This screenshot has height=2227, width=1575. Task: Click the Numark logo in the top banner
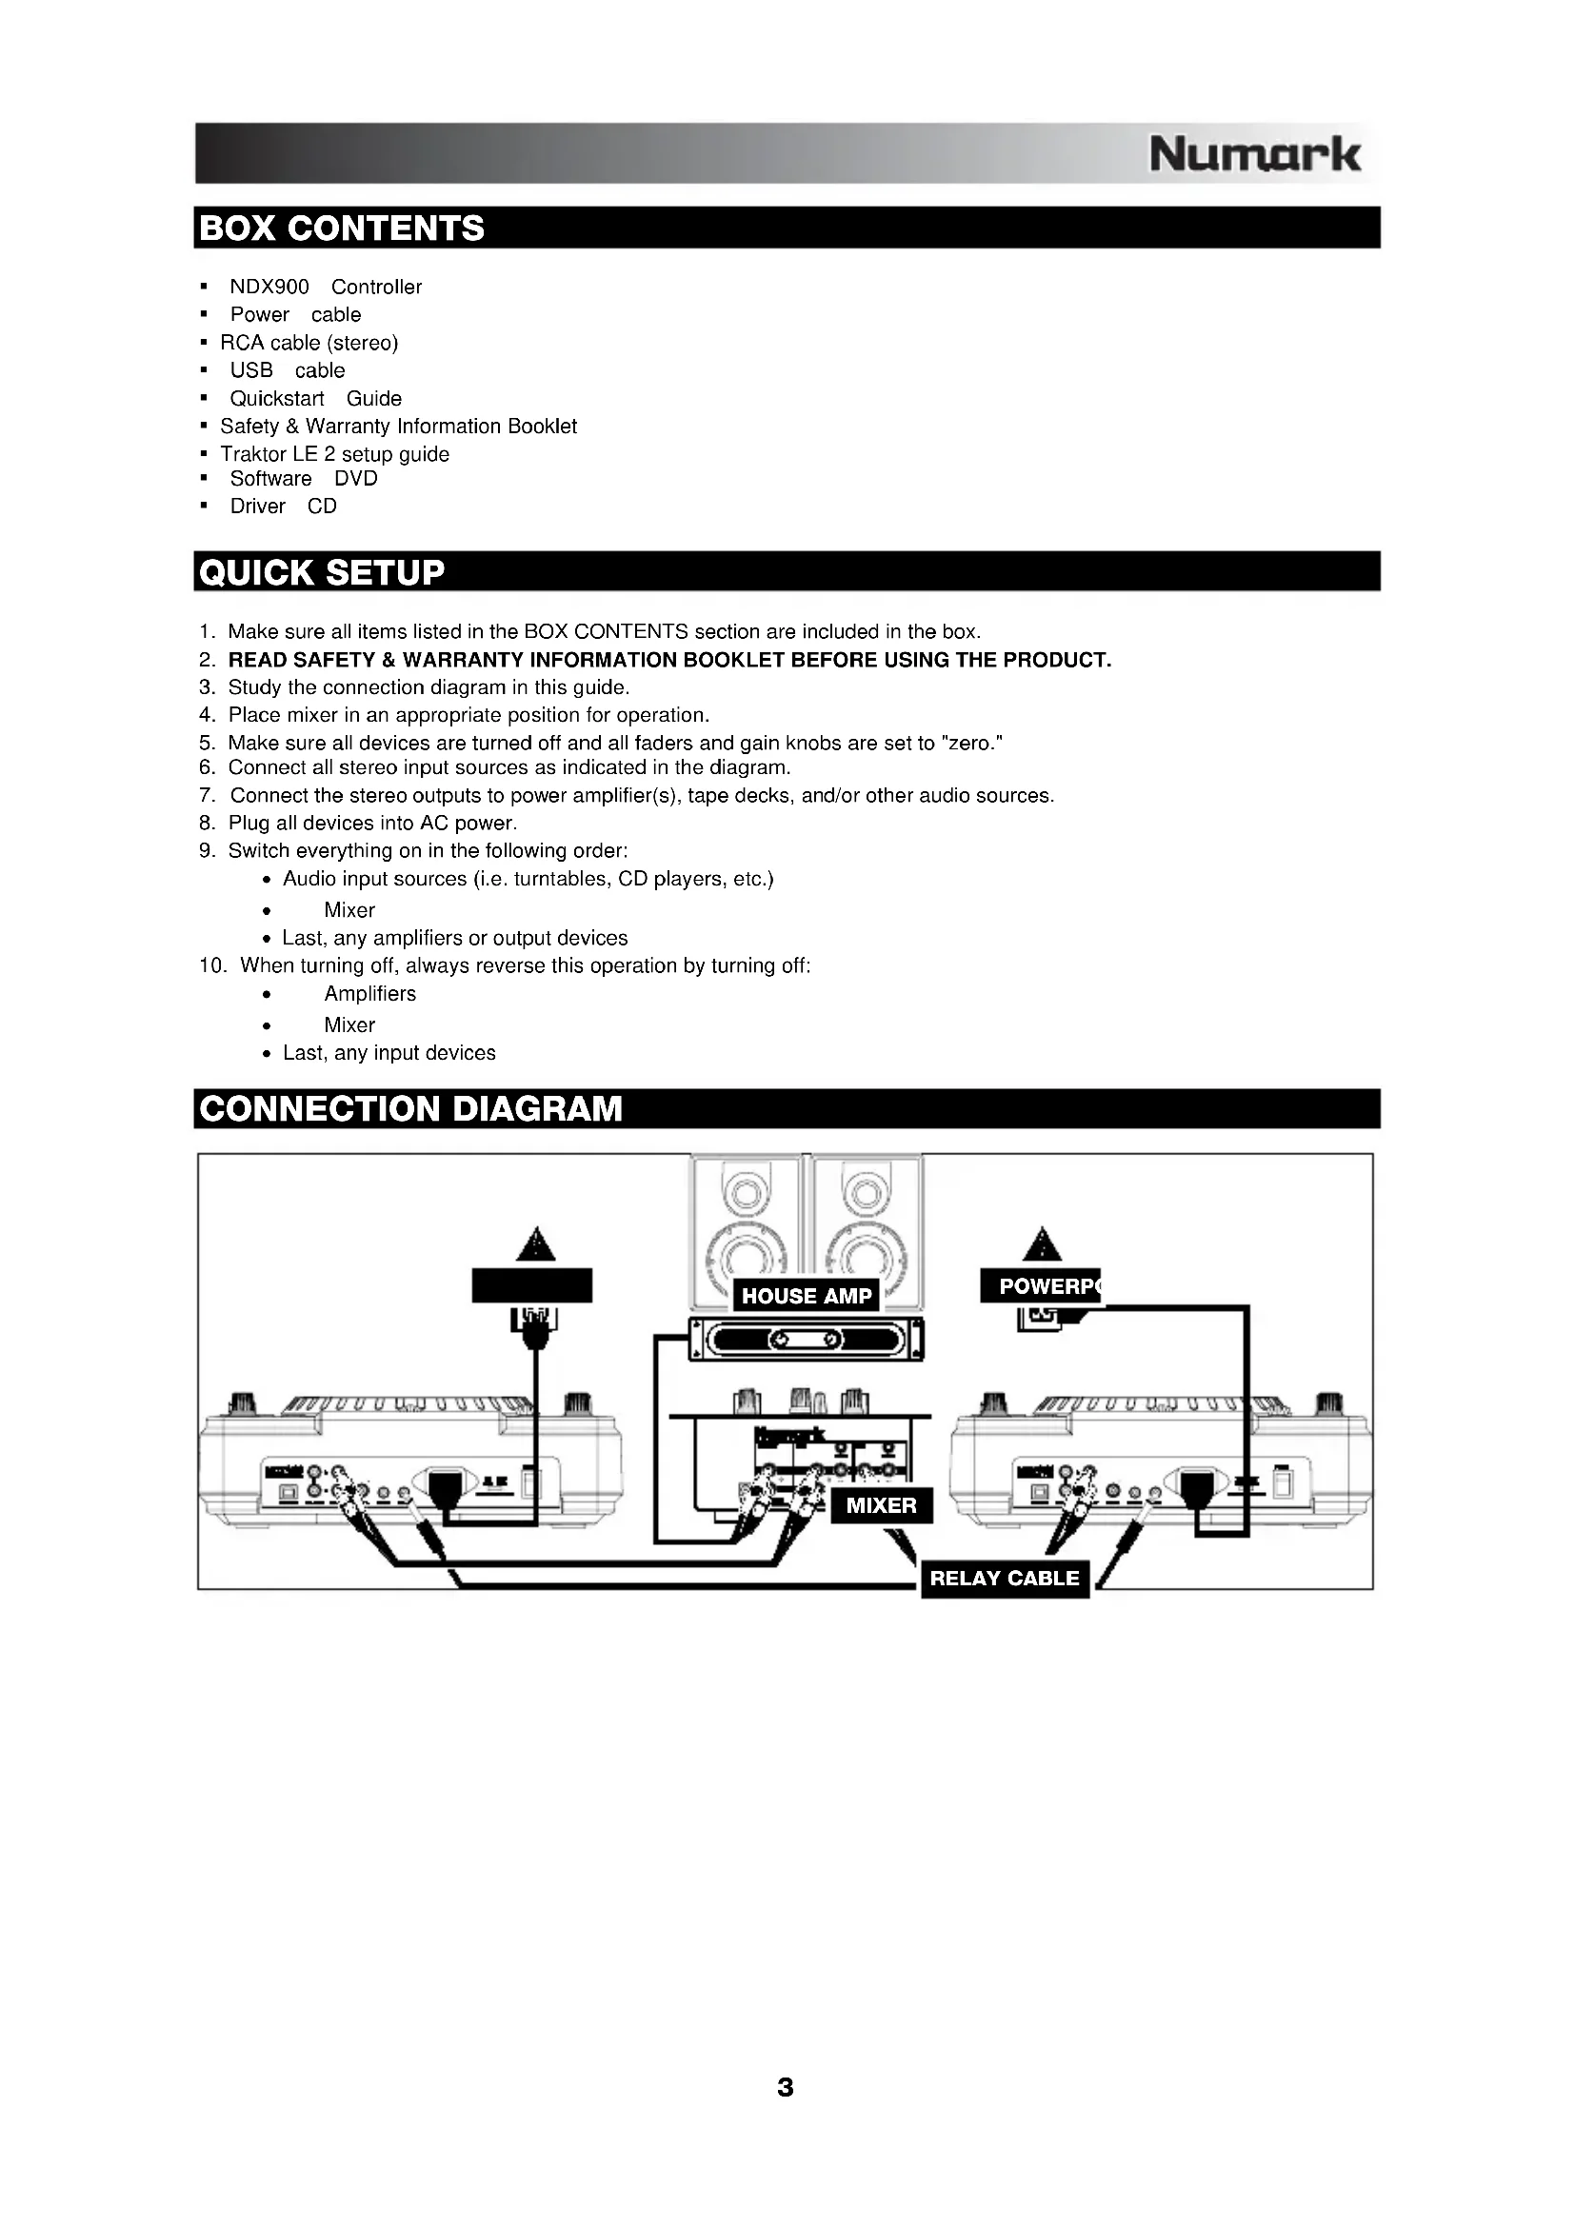(x=1254, y=154)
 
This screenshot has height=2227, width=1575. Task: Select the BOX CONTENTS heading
(x=342, y=228)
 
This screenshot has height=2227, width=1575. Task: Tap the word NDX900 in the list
(x=269, y=288)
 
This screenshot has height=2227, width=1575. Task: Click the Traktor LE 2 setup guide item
(x=334, y=454)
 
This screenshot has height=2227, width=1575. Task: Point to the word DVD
(x=356, y=478)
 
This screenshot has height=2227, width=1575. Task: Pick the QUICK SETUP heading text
(x=322, y=572)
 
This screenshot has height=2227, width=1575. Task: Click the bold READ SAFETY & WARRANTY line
(x=669, y=660)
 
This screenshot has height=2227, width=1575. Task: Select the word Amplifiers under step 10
(x=369, y=993)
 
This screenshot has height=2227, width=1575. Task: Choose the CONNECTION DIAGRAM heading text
(x=410, y=1108)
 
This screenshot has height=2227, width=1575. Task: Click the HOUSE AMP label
(x=806, y=1296)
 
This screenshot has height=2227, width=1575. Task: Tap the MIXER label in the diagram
(x=881, y=1505)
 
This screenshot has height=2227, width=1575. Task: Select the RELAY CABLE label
(x=1004, y=1578)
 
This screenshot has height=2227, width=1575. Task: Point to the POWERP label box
(x=1041, y=1286)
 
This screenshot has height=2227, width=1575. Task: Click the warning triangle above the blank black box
(x=535, y=1244)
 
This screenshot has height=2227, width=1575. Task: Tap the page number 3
(x=786, y=2087)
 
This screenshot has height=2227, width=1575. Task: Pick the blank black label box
(x=531, y=1285)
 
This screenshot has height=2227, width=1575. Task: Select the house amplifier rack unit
(x=806, y=1340)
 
